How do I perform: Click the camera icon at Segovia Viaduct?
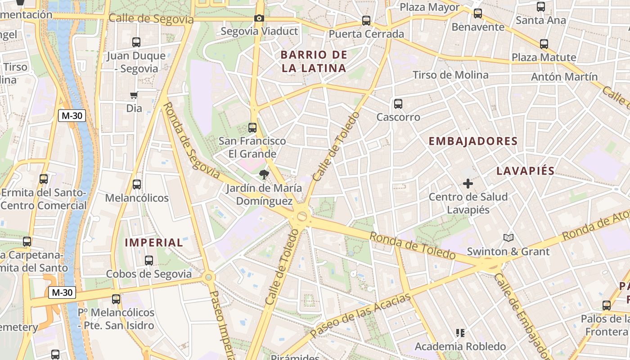coord(259,18)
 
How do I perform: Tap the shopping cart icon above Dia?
coord(134,95)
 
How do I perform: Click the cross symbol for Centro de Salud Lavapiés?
coord(468,184)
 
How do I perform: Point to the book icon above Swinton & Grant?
coord(508,238)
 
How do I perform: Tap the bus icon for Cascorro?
coord(398,104)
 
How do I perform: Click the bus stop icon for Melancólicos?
coord(137,184)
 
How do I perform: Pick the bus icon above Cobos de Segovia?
coord(149,261)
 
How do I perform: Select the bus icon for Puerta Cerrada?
coord(366,21)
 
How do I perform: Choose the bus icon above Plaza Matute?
coord(544,44)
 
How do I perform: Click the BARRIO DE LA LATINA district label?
coord(314,62)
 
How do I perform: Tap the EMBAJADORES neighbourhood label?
coord(473,141)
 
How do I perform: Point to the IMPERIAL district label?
coord(154,243)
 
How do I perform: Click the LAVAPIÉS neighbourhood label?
coord(525,171)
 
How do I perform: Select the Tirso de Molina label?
coord(450,75)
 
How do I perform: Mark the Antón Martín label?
coord(564,76)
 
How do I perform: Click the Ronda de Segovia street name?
coord(191,140)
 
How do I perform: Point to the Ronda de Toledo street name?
coord(413,246)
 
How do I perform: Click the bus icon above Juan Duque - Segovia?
coord(136,43)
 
